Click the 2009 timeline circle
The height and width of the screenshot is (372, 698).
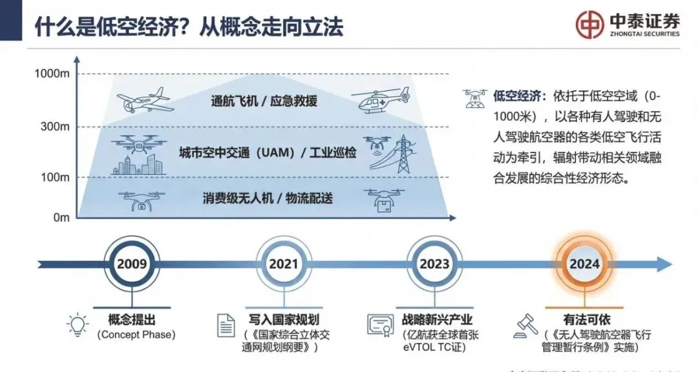pos(131,263)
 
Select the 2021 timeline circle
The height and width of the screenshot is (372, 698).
pos(283,263)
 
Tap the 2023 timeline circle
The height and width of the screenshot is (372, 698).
pos(434,263)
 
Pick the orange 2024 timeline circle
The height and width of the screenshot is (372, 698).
pos(584,263)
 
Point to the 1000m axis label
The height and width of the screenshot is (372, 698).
pos(52,74)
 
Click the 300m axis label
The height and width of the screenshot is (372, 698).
pos(55,127)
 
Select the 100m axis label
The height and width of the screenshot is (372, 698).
pos(55,177)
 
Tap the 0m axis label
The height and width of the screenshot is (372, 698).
pos(61,218)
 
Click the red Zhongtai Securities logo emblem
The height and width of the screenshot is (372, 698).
pos(591,25)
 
